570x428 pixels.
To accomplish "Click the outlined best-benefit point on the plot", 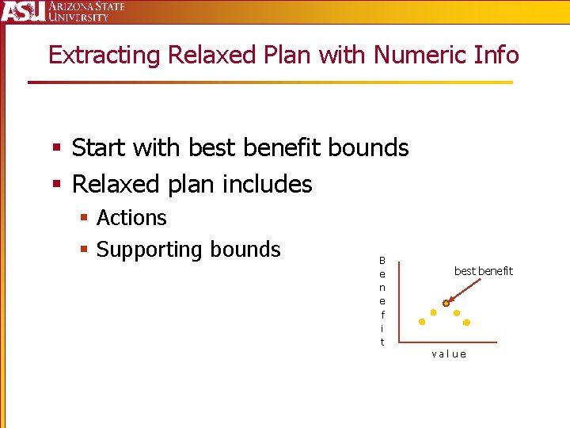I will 446,304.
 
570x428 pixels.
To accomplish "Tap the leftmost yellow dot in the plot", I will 422,322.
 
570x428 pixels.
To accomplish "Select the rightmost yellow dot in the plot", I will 466,323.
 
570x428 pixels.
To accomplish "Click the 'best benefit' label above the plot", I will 483,271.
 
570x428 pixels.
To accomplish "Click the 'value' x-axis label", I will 449,354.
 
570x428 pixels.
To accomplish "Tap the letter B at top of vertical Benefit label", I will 382,260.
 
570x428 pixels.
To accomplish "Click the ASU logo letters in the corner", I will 22,11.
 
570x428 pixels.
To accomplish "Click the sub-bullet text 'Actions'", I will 131,218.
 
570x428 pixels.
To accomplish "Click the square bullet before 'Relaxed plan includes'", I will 56,185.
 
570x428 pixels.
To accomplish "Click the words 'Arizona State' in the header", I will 86,6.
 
